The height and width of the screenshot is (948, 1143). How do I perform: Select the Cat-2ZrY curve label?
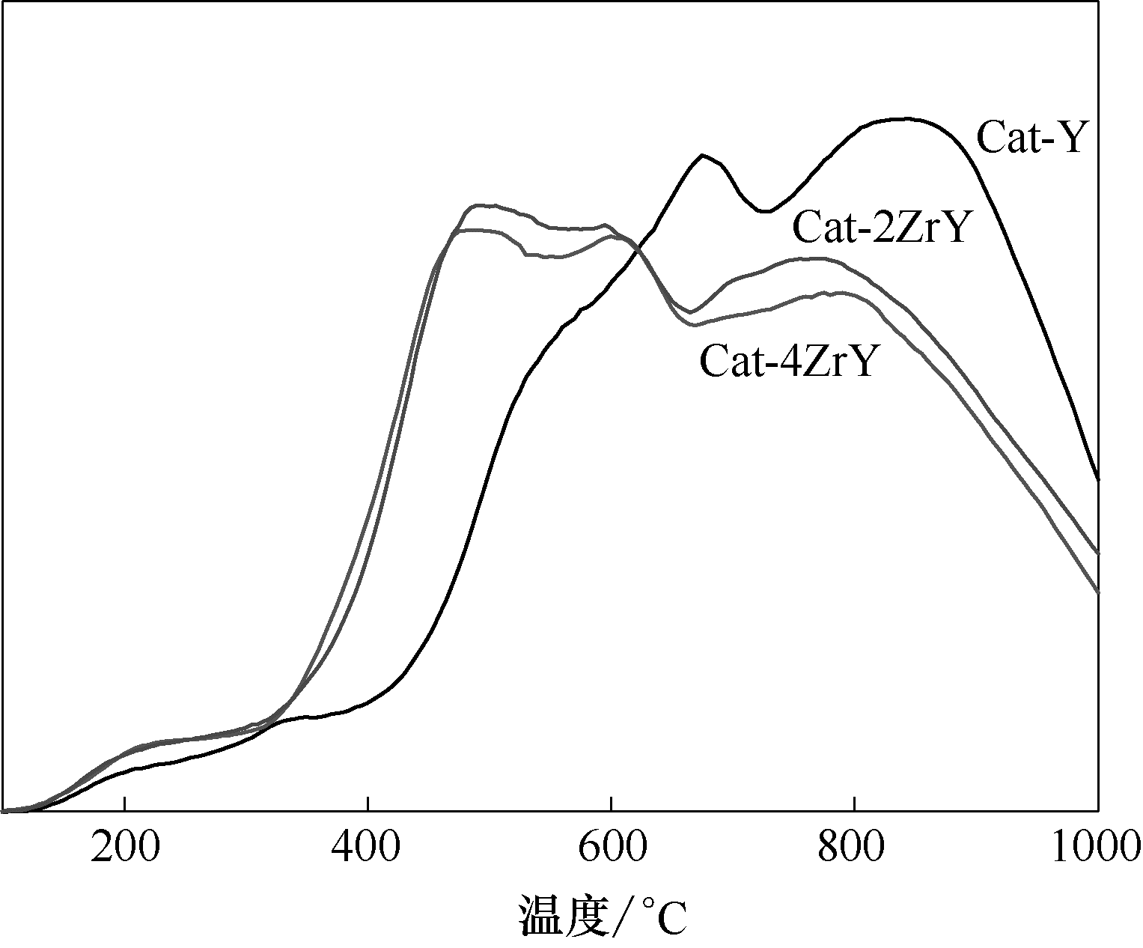pyautogui.click(x=881, y=228)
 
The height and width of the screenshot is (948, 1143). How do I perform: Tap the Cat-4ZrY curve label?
pyautogui.click(x=787, y=362)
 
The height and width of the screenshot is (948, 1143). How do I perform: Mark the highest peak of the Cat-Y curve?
pyautogui.click(x=906, y=118)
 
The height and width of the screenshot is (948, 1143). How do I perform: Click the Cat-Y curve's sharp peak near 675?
pyautogui.click(x=702, y=155)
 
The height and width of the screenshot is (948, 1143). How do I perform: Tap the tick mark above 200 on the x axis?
pyautogui.click(x=125, y=805)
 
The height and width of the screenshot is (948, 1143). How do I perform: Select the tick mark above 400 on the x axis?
pyautogui.click(x=368, y=805)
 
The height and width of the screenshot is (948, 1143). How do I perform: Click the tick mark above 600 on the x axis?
pyautogui.click(x=612, y=805)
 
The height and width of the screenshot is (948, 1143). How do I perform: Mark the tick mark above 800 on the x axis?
pyautogui.click(x=854, y=805)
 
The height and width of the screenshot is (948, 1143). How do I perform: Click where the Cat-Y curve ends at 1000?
pyautogui.click(x=1097, y=480)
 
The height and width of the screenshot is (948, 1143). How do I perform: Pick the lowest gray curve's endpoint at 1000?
pyautogui.click(x=1097, y=592)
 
